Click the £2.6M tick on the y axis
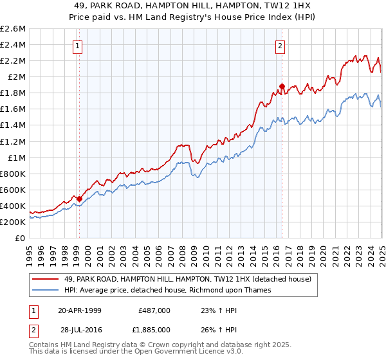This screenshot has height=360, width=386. click(13, 29)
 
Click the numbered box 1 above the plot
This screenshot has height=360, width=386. click(78, 46)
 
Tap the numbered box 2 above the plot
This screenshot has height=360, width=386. click(281, 46)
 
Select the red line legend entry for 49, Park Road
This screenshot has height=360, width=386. click(187, 279)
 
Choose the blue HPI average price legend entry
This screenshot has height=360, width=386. click(167, 290)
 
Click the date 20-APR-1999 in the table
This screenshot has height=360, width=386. click(80, 310)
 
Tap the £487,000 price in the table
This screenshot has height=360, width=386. click(154, 310)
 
